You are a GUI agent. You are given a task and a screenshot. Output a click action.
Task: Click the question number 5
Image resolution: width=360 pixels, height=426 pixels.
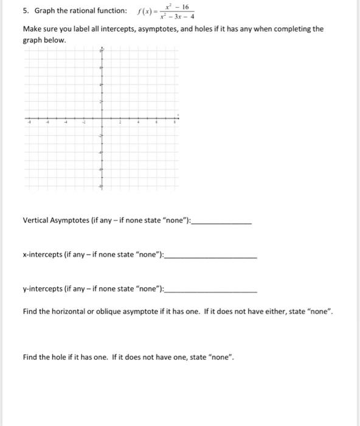tap(25, 11)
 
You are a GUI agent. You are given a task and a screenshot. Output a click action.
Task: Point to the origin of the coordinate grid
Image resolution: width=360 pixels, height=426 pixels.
tap(102, 118)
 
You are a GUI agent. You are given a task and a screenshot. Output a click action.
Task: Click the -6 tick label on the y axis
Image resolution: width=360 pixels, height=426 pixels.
tap(100, 170)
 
